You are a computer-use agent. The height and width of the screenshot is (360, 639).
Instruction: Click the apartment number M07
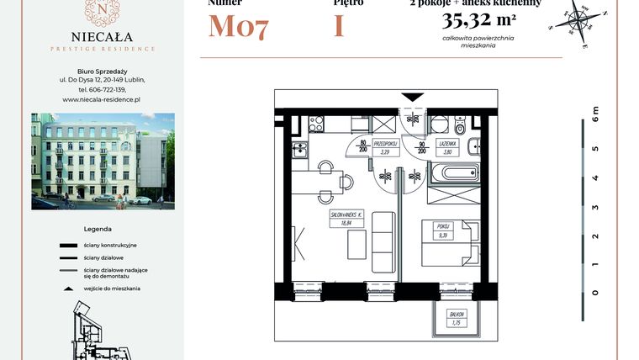(238, 27)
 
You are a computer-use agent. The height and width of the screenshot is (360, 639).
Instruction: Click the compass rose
(576, 20)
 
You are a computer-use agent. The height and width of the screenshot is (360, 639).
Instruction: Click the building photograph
(103, 161)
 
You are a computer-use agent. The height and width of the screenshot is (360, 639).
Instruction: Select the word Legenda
(98, 229)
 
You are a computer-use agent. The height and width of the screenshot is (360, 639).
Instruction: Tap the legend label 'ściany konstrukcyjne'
(110, 245)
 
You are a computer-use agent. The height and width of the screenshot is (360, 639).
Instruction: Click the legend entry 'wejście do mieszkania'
(112, 288)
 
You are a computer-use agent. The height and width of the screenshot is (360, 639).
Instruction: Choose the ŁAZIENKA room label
(447, 147)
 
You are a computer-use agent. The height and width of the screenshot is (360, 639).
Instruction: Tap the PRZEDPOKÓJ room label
(385, 148)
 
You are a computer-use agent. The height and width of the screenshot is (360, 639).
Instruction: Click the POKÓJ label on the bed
(444, 230)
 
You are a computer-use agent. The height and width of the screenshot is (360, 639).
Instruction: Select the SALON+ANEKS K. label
(346, 219)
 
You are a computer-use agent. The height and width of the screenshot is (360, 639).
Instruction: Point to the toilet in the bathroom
(458, 130)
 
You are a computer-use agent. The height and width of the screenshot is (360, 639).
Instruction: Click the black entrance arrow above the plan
(413, 98)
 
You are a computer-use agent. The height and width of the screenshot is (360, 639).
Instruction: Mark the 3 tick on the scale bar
(594, 206)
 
